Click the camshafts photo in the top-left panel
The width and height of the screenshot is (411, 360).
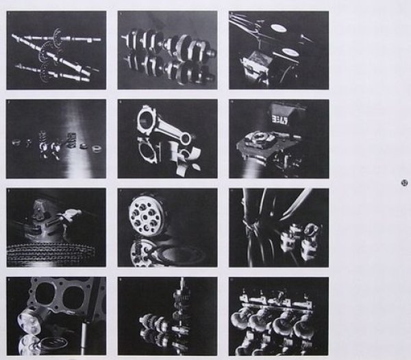click(x=56, y=50)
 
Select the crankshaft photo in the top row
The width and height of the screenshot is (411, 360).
click(x=167, y=50)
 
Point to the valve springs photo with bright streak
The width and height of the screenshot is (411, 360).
click(x=56, y=139)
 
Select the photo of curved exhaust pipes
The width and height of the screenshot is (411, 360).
click(x=278, y=228)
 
